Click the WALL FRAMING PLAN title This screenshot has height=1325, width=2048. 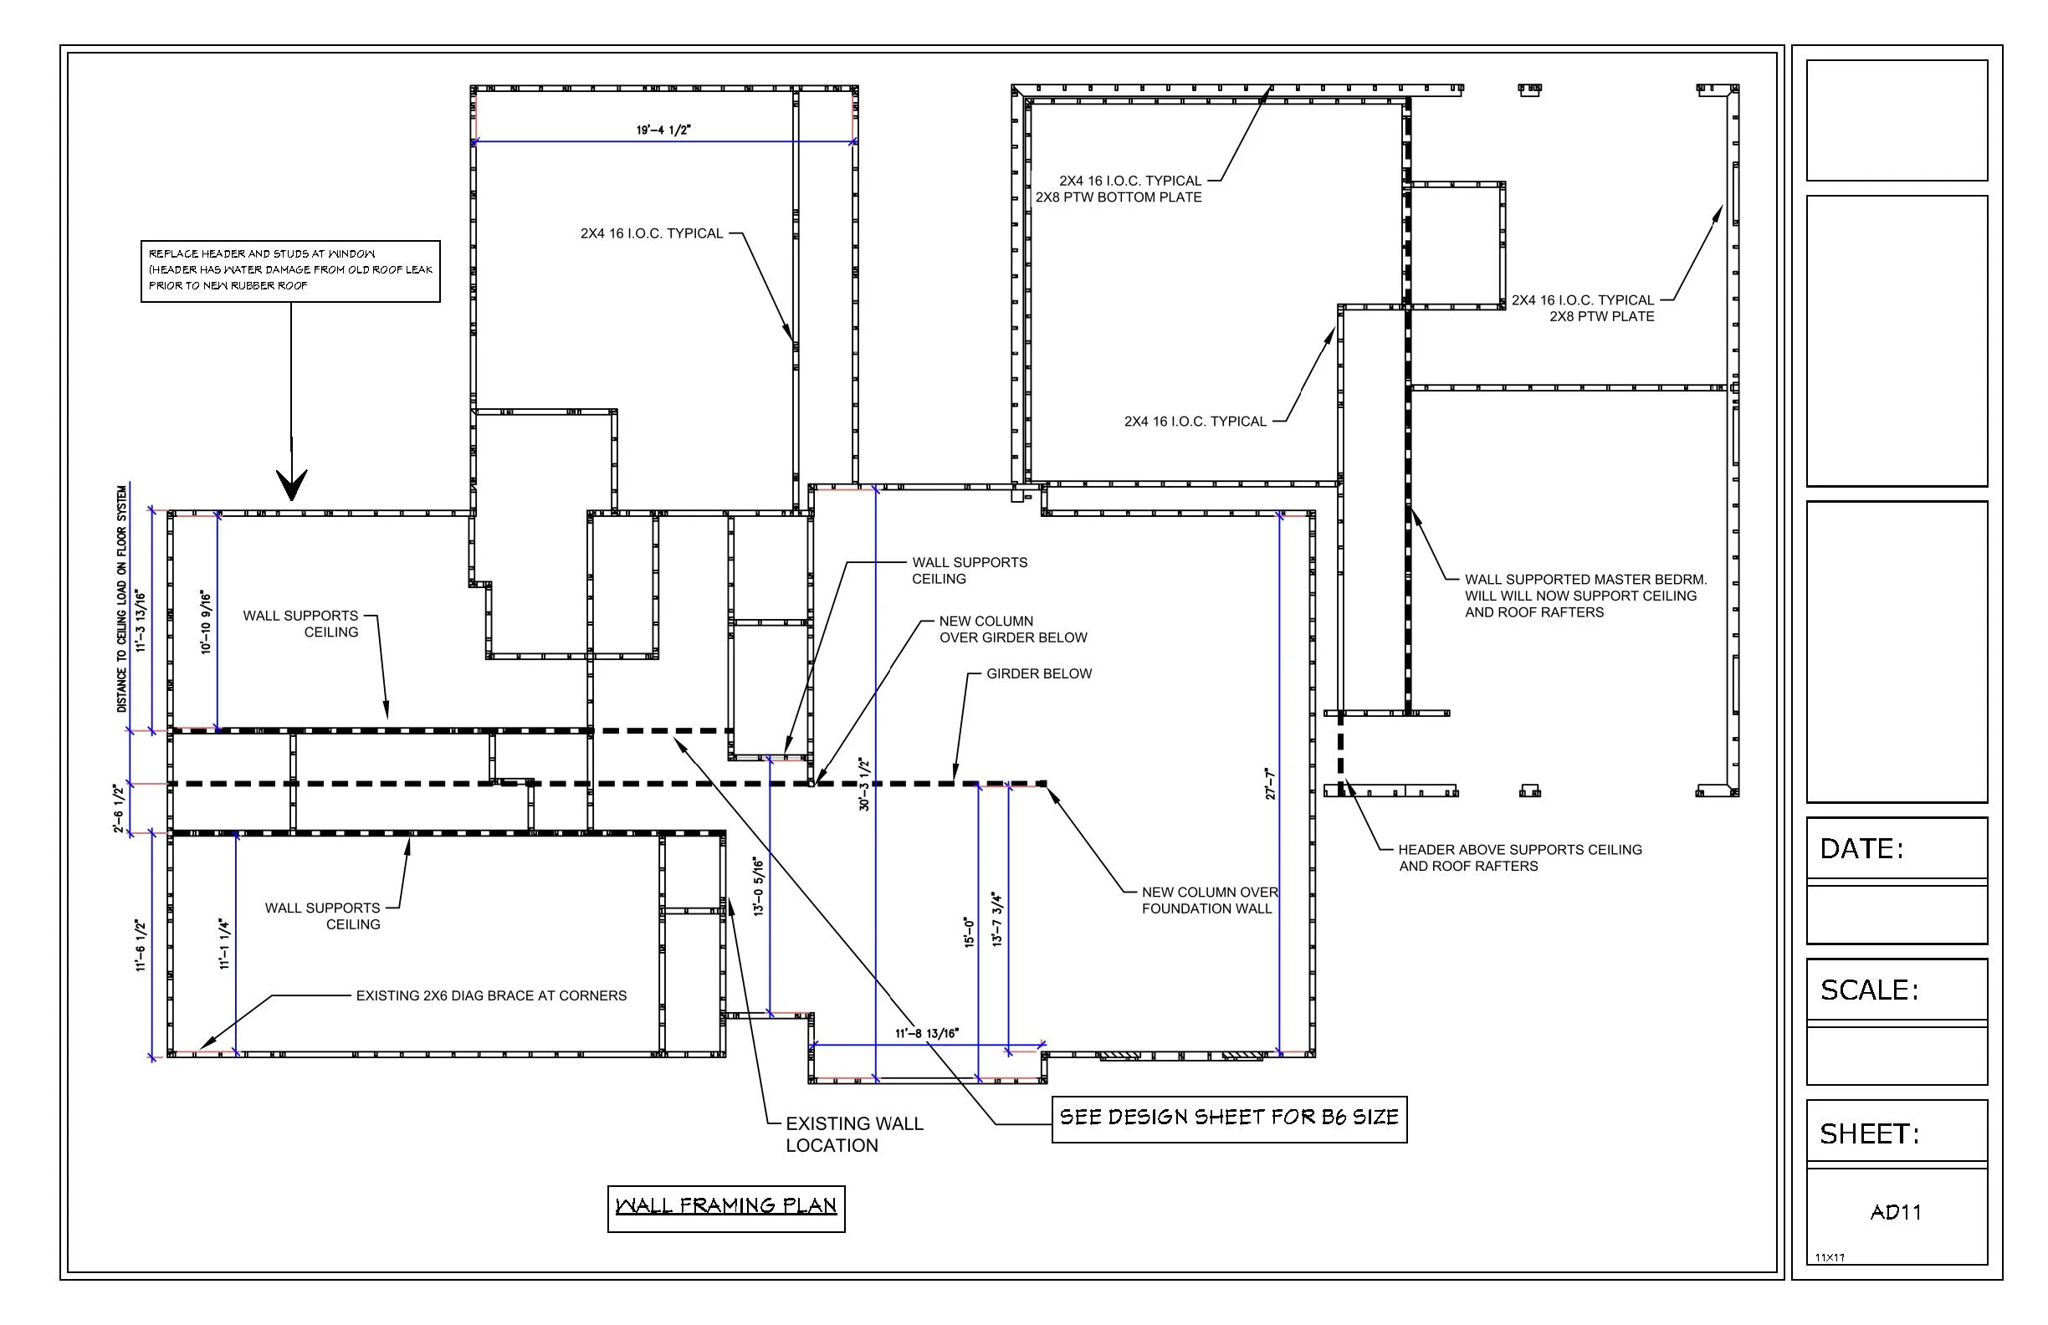(725, 1205)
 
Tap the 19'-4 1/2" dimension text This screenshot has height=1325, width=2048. (663, 130)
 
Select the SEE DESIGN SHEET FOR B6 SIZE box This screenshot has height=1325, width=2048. (1229, 1118)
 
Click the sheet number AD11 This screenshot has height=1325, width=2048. (1896, 1212)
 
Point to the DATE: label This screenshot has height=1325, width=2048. (1861, 849)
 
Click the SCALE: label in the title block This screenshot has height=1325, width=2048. (1869, 990)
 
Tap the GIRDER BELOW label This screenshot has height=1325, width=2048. (1038, 673)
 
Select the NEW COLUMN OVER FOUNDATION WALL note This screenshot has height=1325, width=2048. (1209, 900)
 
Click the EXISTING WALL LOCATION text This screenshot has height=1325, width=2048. (853, 1134)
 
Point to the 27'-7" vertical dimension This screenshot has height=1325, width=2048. (1271, 784)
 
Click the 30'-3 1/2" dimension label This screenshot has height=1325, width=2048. (865, 784)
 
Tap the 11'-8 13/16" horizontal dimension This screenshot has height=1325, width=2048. (926, 1033)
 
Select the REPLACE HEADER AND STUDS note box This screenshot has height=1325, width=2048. (290, 270)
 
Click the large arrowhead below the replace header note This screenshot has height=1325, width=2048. (292, 483)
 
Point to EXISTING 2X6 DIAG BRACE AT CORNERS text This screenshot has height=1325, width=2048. (491, 995)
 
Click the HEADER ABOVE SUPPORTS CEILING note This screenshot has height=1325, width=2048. (1518, 857)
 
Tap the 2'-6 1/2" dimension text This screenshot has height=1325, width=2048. (119, 807)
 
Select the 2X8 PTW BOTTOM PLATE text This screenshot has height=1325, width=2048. (1118, 197)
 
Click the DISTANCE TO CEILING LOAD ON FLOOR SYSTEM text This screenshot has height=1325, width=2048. (121, 599)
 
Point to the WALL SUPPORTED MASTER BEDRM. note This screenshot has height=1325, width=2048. (1585, 596)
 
